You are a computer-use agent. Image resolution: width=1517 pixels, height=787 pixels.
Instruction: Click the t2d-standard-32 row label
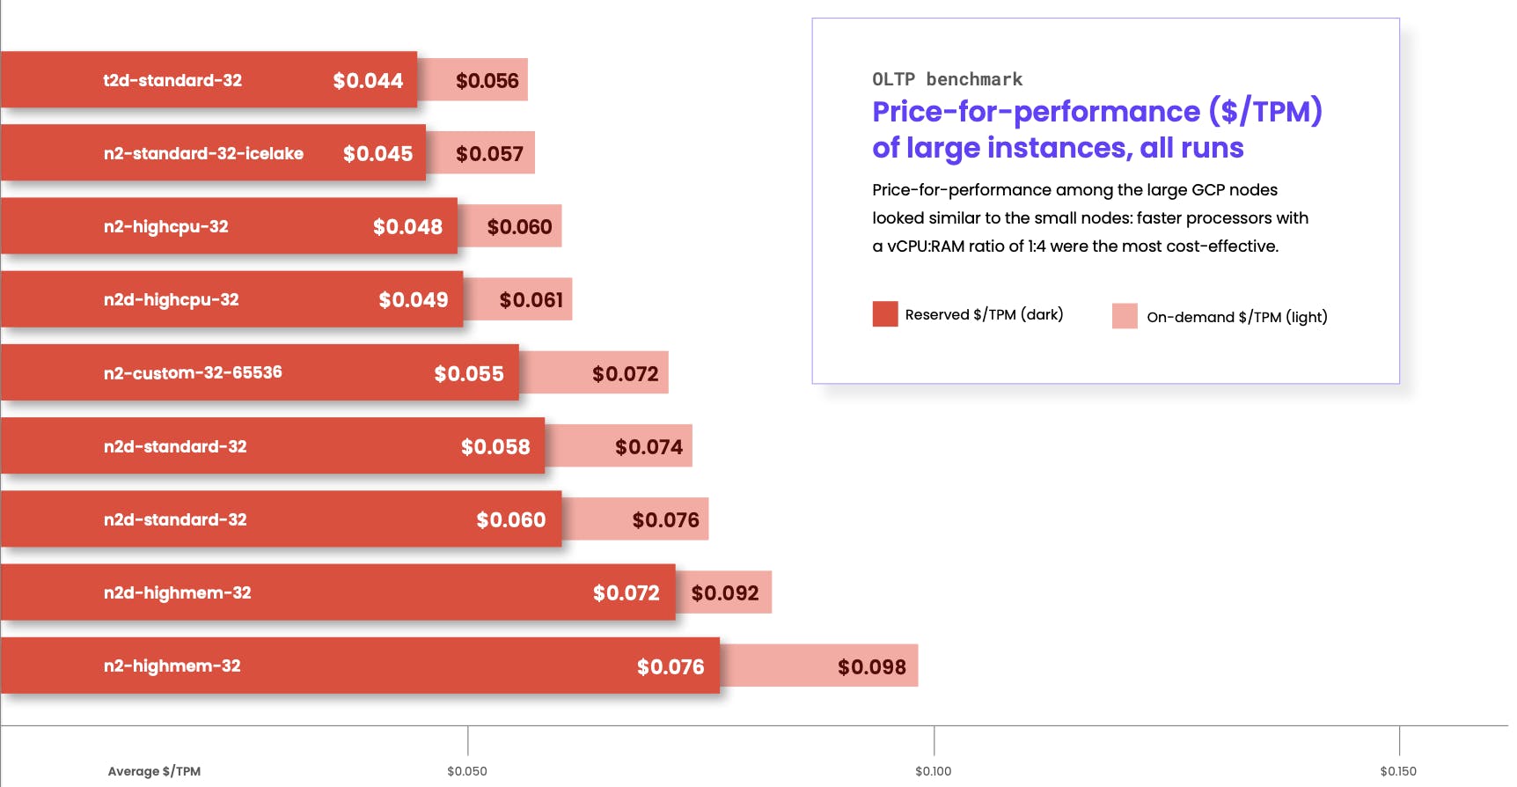pyautogui.click(x=172, y=80)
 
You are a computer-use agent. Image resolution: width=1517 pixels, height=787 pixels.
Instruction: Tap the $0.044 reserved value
pyautogui.click(x=368, y=81)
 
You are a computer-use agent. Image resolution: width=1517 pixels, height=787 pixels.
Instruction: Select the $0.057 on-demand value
pyautogui.click(x=489, y=154)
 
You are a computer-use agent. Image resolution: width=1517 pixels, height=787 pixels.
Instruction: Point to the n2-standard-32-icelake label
pyautogui.click(x=203, y=153)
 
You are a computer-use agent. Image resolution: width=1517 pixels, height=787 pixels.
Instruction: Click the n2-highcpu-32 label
pyautogui.click(x=165, y=226)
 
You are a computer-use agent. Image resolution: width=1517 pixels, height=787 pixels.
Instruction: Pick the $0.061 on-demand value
pyautogui.click(x=531, y=300)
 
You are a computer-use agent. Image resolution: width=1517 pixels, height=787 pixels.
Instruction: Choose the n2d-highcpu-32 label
pyautogui.click(x=171, y=299)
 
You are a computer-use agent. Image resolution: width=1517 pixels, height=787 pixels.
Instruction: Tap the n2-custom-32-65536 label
pyautogui.click(x=193, y=372)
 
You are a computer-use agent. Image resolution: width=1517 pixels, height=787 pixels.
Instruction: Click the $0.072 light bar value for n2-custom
pyautogui.click(x=625, y=374)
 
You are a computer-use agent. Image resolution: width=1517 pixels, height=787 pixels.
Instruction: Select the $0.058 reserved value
pyautogui.click(x=495, y=447)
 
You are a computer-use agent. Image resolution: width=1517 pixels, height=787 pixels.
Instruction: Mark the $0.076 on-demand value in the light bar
pyautogui.click(x=665, y=520)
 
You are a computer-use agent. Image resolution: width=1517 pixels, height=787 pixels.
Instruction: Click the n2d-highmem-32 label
pyautogui.click(x=177, y=592)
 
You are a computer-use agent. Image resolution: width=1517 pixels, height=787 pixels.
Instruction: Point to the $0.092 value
pyautogui.click(x=724, y=593)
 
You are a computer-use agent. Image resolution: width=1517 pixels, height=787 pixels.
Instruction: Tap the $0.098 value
pyautogui.click(x=871, y=667)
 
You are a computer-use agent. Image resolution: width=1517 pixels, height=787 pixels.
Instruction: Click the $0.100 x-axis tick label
pyautogui.click(x=933, y=771)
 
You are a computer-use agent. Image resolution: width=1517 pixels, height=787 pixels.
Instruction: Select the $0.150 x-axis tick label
pyautogui.click(x=1398, y=771)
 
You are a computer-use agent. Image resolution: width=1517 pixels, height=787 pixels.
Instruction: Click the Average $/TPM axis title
pyautogui.click(x=154, y=771)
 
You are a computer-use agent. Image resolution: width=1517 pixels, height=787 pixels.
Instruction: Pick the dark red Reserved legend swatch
pyautogui.click(x=885, y=314)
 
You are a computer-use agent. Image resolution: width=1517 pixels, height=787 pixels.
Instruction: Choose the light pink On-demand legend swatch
pyautogui.click(x=1125, y=316)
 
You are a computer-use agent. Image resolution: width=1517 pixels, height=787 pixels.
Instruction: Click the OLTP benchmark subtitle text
pyautogui.click(x=947, y=79)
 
